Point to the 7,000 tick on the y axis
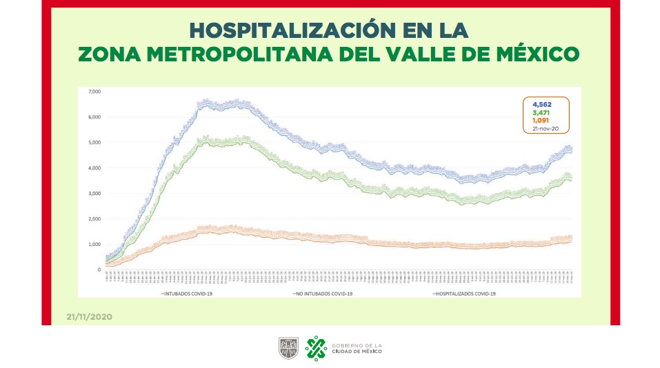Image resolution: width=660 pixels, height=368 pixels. tap(94, 92)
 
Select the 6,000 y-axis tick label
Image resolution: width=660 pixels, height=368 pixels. tap(94, 117)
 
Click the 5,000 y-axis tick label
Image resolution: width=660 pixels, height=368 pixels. tap(94, 143)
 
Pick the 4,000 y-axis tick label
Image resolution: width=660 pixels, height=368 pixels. tap(94, 168)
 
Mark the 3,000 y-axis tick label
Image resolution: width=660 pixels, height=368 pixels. tap(94, 194)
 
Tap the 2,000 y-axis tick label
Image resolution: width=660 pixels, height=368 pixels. tap(94, 219)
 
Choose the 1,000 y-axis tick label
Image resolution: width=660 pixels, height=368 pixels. tap(94, 245)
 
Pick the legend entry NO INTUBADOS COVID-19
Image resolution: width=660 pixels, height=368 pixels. tap(323, 294)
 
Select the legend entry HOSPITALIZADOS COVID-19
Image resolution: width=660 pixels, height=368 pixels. tap(466, 294)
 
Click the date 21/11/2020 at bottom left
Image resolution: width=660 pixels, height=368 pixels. tap(89, 317)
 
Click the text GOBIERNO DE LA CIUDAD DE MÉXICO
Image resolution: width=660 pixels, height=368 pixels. tap(356, 348)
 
